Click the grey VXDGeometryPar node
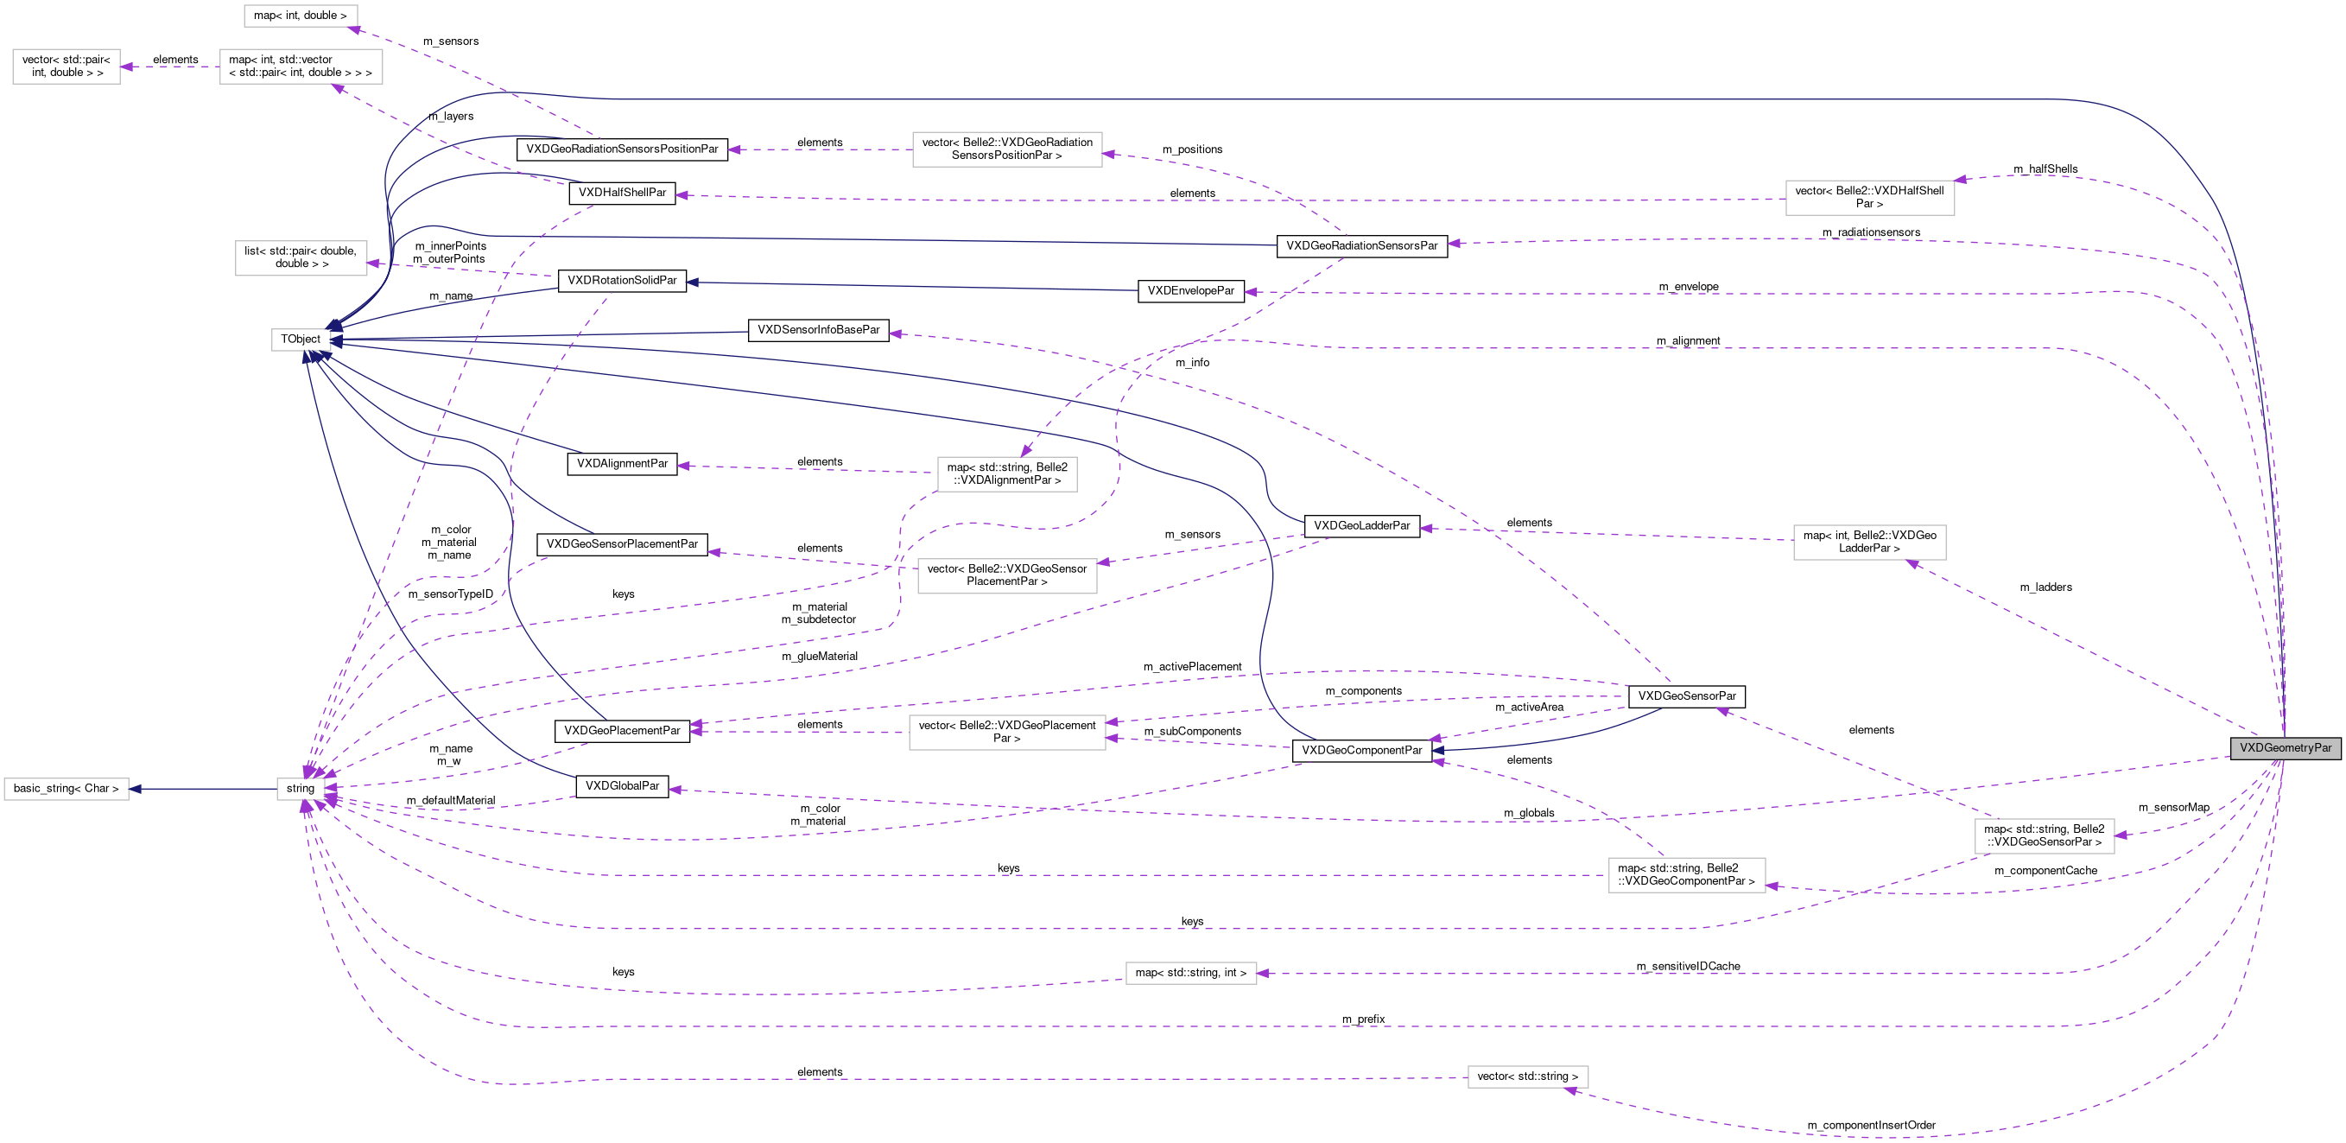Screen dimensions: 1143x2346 click(2284, 747)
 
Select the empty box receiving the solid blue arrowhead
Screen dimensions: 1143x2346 click(66, 789)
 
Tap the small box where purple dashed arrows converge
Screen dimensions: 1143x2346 click(301, 789)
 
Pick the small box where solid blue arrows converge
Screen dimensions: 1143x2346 click(301, 340)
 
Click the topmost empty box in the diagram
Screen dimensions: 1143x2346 click(301, 16)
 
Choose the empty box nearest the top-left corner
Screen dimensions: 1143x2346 click(66, 67)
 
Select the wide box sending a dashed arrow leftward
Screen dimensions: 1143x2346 click(301, 67)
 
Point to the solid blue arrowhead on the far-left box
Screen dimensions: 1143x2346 click(136, 789)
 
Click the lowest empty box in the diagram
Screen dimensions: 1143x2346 click(1527, 1076)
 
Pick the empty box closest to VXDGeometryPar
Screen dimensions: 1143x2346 click(2044, 836)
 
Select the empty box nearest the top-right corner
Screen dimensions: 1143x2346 click(1869, 198)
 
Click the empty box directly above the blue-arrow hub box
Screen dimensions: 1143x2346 click(301, 257)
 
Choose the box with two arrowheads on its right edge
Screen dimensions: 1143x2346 click(1006, 733)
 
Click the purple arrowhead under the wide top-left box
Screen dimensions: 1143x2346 click(338, 88)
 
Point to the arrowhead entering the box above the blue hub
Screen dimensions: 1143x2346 click(373, 264)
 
